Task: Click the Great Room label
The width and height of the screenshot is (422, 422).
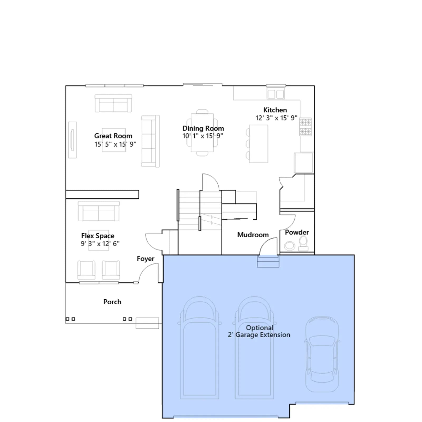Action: tap(113, 136)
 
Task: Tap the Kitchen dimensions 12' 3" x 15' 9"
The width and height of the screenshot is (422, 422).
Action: tap(276, 118)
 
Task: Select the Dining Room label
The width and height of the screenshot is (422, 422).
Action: tap(203, 128)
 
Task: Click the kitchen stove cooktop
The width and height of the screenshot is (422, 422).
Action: tap(305, 127)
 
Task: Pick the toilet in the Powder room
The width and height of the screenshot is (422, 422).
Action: tap(303, 243)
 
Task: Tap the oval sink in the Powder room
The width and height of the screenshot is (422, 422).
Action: tap(290, 246)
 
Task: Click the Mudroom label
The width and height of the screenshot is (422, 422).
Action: tap(253, 235)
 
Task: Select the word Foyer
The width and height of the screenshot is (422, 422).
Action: tap(146, 259)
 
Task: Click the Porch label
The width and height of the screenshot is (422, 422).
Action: tap(112, 302)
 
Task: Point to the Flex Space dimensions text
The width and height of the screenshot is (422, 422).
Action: tap(100, 243)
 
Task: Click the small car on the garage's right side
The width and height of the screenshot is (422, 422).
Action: tap(322, 354)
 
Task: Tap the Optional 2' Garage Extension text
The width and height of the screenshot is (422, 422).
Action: tap(259, 331)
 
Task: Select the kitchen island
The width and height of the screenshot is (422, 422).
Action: tap(258, 144)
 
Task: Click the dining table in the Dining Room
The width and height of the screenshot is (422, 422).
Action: tap(202, 132)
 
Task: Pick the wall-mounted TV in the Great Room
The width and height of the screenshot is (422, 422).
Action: tap(72, 140)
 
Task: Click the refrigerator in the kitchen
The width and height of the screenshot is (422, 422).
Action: tap(304, 162)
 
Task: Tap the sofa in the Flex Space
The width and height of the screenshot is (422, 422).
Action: tap(99, 211)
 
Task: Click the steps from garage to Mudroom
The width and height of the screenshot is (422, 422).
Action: tap(268, 261)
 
